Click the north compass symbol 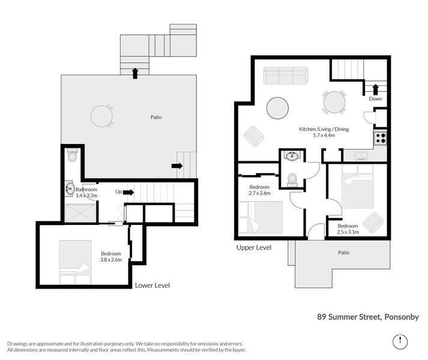[x=400, y=341]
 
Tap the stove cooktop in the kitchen [x=380, y=138]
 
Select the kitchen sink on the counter [x=361, y=156]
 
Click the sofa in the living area [x=286, y=76]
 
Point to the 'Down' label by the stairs [x=375, y=99]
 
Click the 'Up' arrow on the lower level [x=128, y=193]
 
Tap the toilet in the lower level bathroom [x=73, y=155]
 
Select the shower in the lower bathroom [x=80, y=213]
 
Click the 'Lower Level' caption [x=152, y=286]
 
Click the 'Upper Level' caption [x=254, y=248]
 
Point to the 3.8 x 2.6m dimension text [x=111, y=260]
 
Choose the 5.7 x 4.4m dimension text [x=324, y=135]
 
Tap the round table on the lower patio [x=102, y=116]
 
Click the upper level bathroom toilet [x=292, y=180]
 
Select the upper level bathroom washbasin [x=292, y=155]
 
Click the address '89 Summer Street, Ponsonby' [x=368, y=317]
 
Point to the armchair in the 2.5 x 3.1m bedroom [x=373, y=222]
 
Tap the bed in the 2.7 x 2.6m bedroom [x=261, y=217]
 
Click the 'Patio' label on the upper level [x=343, y=253]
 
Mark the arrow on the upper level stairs [x=376, y=89]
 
